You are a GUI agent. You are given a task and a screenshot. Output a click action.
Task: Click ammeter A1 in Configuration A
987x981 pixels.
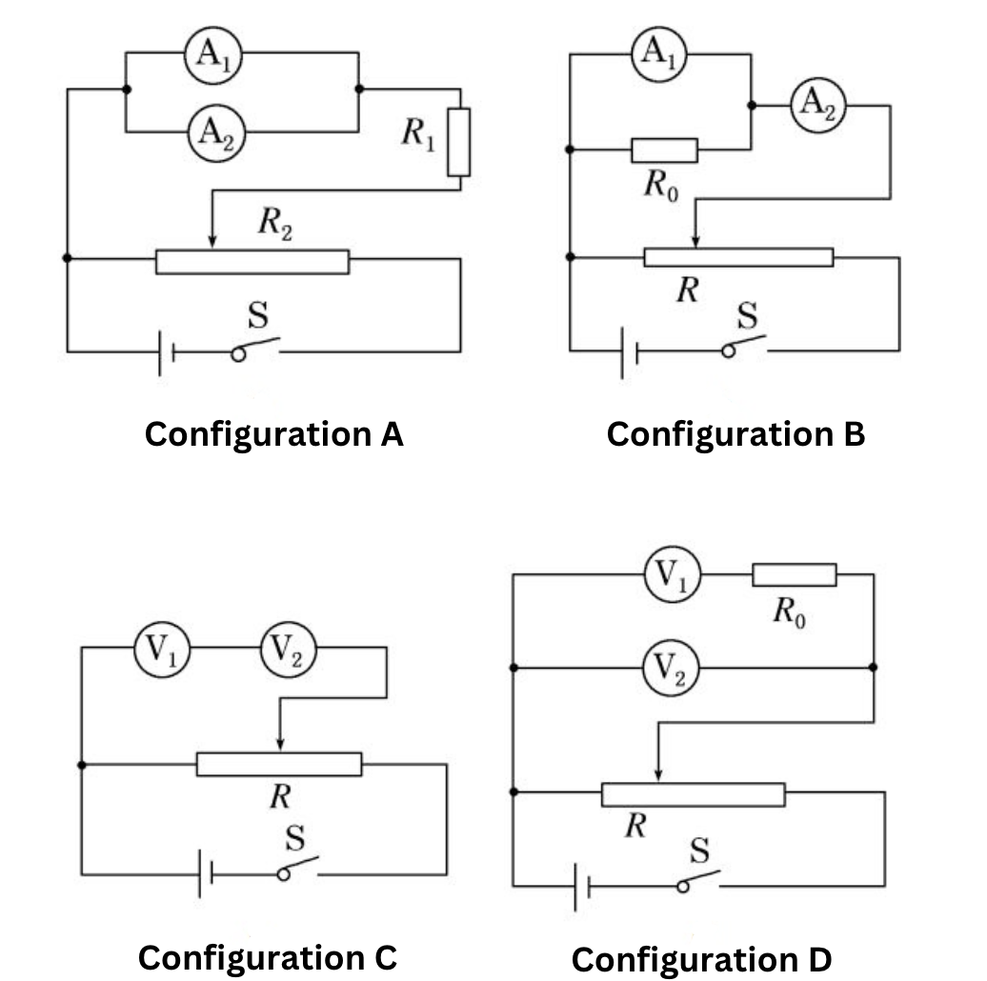click(x=213, y=54)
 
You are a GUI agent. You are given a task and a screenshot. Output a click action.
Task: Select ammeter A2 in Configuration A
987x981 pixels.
click(x=213, y=132)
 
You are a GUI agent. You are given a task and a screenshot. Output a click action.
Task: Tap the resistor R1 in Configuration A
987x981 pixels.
click(x=459, y=142)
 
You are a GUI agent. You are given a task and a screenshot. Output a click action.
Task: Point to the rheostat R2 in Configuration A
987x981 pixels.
click(x=252, y=261)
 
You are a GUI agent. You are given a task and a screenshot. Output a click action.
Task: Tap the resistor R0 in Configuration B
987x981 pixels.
click(x=664, y=150)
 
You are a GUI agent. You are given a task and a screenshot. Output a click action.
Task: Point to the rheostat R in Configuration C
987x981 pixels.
click(x=279, y=764)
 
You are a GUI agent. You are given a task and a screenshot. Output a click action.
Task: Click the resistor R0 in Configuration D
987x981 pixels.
click(x=795, y=574)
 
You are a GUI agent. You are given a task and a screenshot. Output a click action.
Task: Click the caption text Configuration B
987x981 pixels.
click(x=735, y=434)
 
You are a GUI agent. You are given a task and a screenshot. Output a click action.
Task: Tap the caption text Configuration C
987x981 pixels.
click(x=267, y=957)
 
